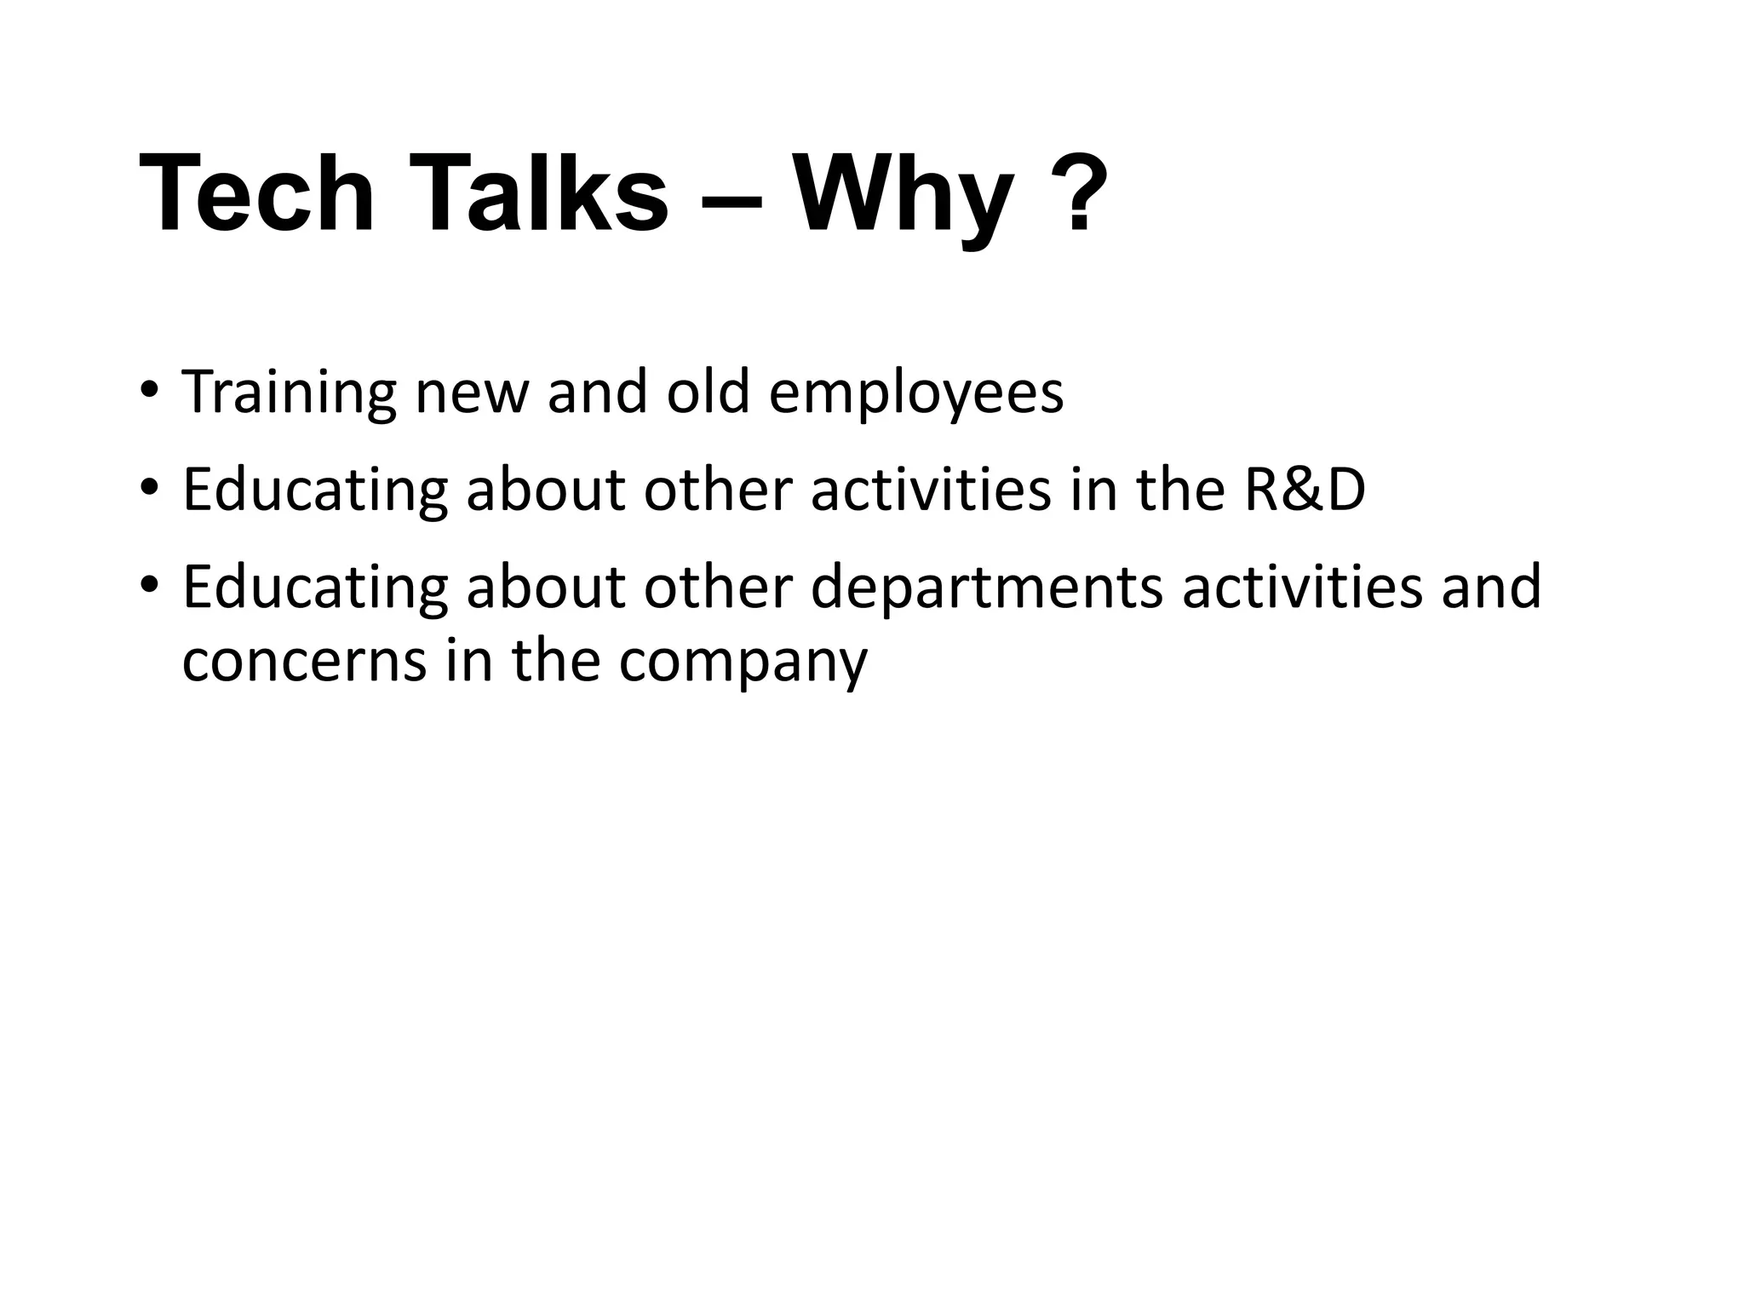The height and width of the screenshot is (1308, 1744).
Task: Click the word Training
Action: pos(290,393)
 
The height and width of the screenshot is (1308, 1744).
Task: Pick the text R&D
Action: pos(1305,490)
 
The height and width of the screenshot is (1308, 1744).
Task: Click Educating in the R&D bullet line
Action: pos(315,492)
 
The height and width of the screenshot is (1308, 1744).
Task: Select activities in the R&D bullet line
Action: pos(931,490)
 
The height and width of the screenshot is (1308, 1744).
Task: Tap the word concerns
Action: pos(304,663)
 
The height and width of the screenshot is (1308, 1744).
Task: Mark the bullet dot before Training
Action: pos(150,390)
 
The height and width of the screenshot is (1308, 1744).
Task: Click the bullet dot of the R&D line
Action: pos(150,488)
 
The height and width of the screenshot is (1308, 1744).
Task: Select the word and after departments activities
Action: pos(1491,588)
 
